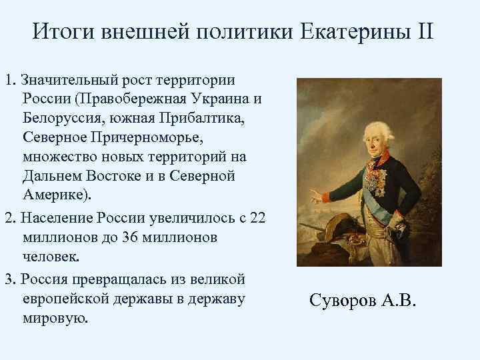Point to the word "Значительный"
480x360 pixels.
(65, 81)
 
